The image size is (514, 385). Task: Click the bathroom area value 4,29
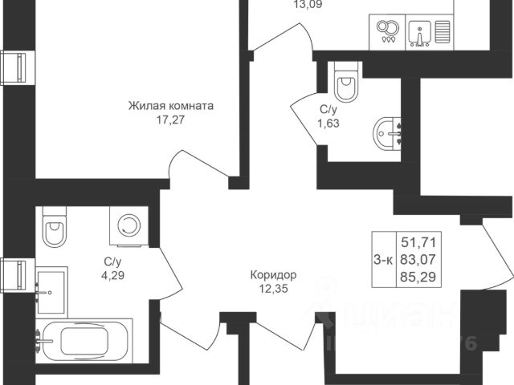pos(112,274)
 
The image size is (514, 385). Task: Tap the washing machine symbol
pos(127,226)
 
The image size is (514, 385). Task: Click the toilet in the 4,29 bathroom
pos(55,229)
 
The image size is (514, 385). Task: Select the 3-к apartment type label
pos(383,258)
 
